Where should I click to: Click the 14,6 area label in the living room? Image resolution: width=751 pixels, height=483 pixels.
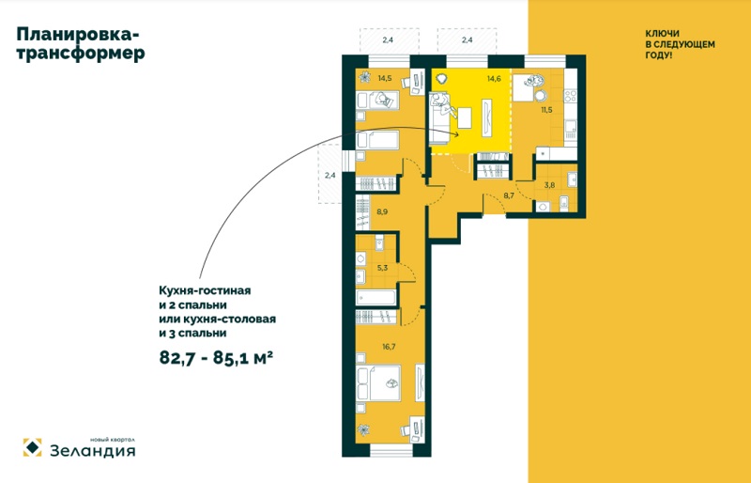[494, 79]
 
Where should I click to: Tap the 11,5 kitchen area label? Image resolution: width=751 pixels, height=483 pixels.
[546, 110]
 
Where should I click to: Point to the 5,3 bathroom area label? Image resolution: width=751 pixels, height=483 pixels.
[382, 268]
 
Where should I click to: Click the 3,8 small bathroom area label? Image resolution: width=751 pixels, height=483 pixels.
[549, 185]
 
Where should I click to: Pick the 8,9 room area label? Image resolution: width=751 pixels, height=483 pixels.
[382, 211]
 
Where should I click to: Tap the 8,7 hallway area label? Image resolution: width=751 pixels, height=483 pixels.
[508, 195]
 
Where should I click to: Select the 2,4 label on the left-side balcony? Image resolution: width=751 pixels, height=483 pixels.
[330, 176]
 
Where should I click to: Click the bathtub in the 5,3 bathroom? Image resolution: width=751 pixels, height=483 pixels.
[376, 297]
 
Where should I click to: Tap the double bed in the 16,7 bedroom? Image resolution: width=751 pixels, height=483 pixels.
[378, 382]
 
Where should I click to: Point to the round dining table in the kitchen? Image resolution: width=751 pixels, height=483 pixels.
[541, 96]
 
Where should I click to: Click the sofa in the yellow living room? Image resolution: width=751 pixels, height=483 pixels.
[439, 118]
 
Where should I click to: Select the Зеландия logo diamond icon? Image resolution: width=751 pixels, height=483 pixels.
[32, 447]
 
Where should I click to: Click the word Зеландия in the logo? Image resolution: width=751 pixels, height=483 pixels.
[93, 451]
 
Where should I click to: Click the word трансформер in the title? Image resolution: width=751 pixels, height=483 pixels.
[81, 53]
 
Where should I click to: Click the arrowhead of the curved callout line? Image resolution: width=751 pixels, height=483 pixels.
[456, 134]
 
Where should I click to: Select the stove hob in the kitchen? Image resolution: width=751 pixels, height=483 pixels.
[571, 97]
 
